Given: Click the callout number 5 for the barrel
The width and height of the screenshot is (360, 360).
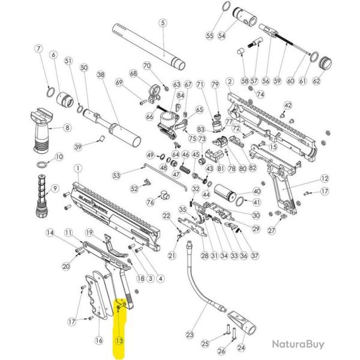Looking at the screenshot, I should tap(161, 23).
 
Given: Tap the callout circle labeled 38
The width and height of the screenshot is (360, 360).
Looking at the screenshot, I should tap(100, 75).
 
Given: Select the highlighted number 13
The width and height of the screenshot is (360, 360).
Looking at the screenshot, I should tap(119, 340).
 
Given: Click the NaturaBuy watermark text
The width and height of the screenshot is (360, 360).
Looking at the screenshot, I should tap(298, 344).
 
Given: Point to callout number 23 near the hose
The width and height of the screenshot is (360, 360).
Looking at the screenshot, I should tap(191, 334).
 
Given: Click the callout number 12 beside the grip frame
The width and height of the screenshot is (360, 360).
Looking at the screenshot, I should tap(325, 178).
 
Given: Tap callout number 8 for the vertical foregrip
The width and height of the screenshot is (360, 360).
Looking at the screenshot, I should tap(67, 127).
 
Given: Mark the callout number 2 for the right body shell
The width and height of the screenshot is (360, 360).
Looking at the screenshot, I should tap(229, 81).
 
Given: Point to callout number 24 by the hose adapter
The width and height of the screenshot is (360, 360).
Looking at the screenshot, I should tap(242, 346).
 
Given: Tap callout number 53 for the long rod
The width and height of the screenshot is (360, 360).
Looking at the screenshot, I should tap(117, 175).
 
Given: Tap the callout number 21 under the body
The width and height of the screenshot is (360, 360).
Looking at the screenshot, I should tap(172, 256).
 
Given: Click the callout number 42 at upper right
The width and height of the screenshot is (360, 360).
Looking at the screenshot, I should tap(287, 106).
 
